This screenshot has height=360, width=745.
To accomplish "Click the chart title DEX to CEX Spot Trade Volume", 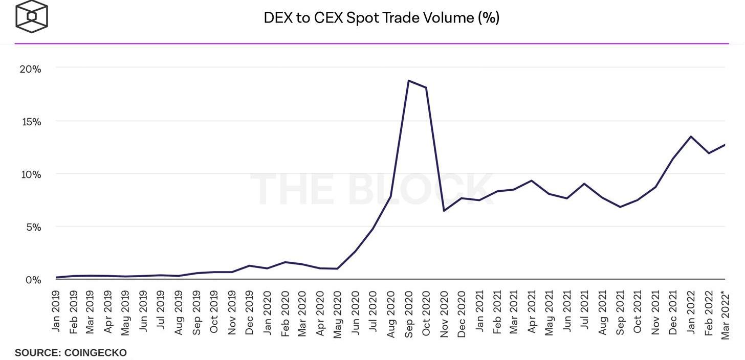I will coord(381,18).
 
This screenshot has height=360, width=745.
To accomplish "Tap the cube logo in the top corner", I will coord(32,17).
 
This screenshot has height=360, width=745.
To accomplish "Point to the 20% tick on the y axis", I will coord(30,69).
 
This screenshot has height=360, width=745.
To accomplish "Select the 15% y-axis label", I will coord(30,122).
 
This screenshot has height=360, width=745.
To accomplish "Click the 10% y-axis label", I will coord(30,174).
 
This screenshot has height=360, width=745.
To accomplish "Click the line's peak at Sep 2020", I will coord(408,80).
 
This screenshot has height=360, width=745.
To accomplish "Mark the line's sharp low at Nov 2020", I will coord(444,211).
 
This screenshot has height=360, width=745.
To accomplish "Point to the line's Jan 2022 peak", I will coord(691,137).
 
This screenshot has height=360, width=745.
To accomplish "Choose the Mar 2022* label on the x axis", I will coord(726,314).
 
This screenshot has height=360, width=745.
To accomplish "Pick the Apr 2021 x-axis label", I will coord(532,312).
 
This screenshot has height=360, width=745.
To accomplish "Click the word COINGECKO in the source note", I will coord(95,353).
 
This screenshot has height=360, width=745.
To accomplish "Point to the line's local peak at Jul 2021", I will coord(584,184).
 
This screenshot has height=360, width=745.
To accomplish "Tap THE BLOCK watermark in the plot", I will coord(372,190).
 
